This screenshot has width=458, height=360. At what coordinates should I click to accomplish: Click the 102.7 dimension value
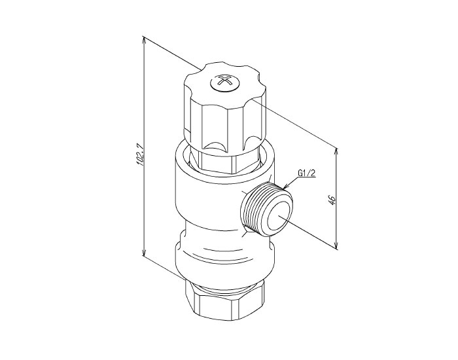tap(140, 154)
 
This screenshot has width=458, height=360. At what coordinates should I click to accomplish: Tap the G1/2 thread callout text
tap(307, 173)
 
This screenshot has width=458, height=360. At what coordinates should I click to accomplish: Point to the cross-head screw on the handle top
tap(224, 82)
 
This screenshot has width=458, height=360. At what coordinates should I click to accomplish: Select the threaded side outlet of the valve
tap(267, 209)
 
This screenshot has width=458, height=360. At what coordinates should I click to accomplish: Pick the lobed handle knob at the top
tap(225, 107)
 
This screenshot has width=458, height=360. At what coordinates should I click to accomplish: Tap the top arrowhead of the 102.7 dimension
tap(143, 39)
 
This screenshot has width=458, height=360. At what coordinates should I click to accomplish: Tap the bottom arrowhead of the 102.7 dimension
tap(143, 252)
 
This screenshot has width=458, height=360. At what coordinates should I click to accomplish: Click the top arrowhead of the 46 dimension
tap(337, 151)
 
